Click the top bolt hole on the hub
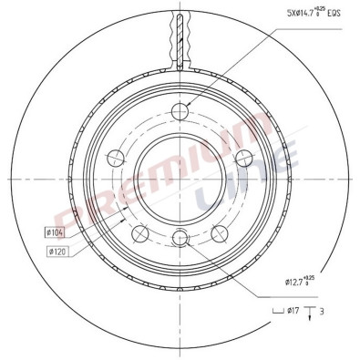(180, 112)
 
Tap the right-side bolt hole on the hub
(244, 159)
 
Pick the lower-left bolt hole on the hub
(139, 235)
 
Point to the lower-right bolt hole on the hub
(219, 235)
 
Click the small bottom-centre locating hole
(180, 238)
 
